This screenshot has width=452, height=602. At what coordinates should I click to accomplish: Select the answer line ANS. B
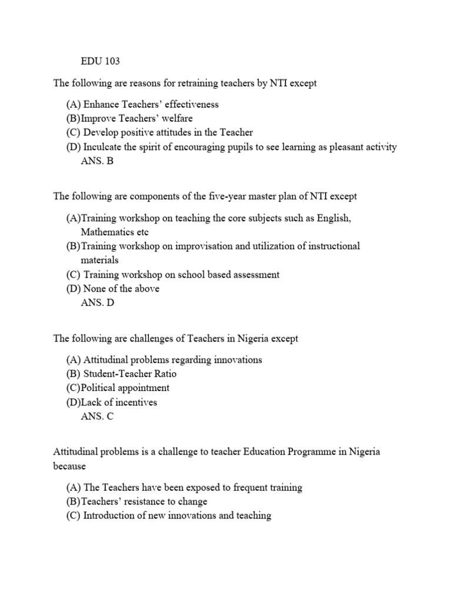pos(97,161)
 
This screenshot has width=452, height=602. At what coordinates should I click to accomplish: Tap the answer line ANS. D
pos(98,303)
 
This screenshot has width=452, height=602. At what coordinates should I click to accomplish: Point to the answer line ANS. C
pos(97,416)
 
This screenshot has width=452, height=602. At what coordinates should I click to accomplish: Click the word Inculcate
pos(104,147)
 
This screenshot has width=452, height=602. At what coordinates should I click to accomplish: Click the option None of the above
pos(121,289)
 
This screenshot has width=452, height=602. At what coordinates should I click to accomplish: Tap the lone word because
pos(69,466)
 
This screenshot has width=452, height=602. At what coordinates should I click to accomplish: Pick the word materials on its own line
pos(99,260)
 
